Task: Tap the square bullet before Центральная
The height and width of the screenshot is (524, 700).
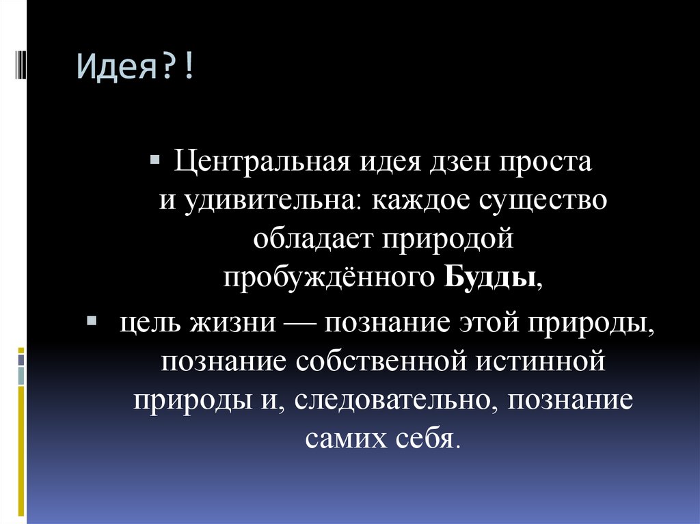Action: pos(155,161)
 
